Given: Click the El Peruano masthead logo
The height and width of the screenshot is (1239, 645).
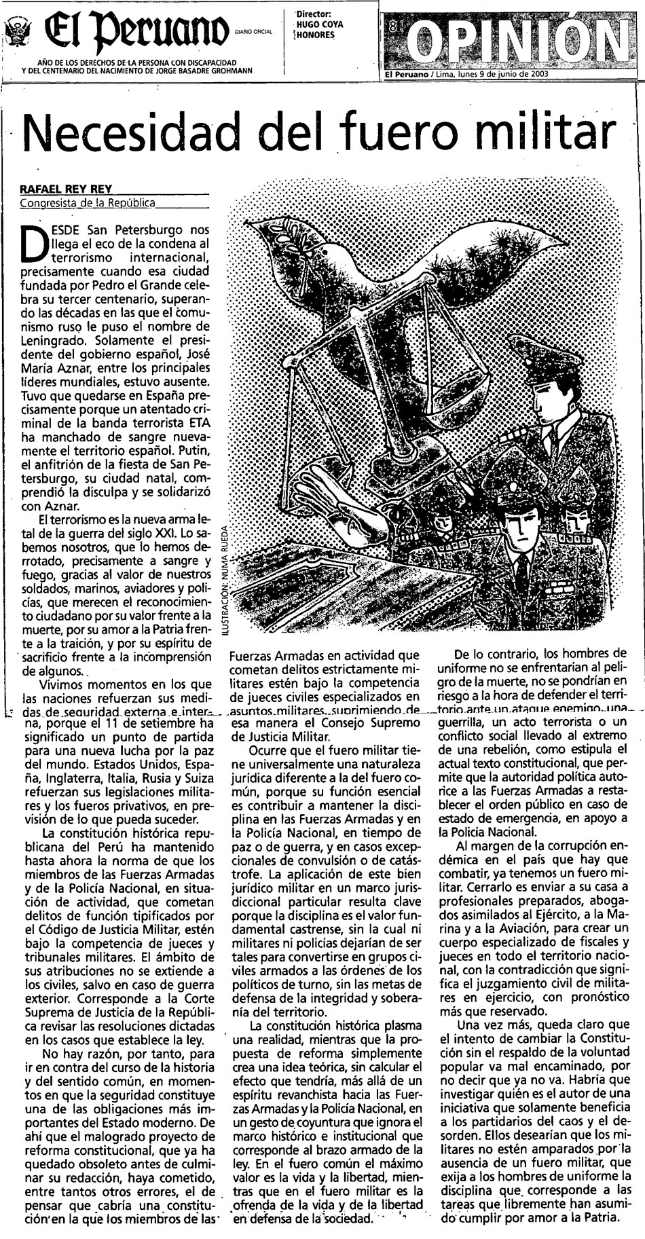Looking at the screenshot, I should click(136, 30).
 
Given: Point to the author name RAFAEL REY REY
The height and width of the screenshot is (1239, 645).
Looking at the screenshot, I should click(66, 189).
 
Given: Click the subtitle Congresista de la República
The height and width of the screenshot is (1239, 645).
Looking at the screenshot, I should click(88, 202).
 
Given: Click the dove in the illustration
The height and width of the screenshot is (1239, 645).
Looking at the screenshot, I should click(346, 255).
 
